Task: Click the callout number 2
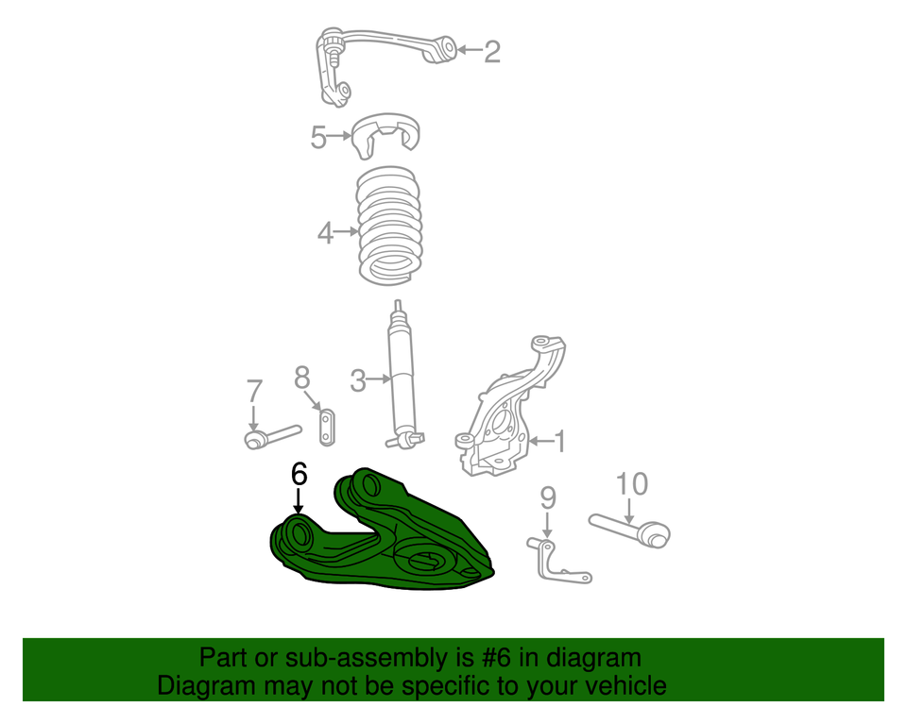pyautogui.click(x=492, y=51)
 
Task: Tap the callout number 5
pyautogui.click(x=318, y=138)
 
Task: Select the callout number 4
pyautogui.click(x=325, y=232)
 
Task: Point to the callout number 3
pyautogui.click(x=357, y=381)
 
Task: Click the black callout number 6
pyautogui.click(x=299, y=474)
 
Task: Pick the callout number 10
pyautogui.click(x=632, y=484)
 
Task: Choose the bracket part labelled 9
pyautogui.click(x=556, y=561)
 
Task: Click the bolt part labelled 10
pyautogui.click(x=631, y=528)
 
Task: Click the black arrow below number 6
pyautogui.click(x=299, y=501)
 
